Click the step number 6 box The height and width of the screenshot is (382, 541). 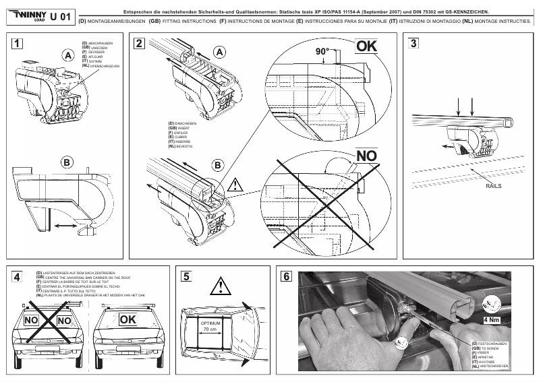tap(286, 276)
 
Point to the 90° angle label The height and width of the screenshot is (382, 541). tap(323, 52)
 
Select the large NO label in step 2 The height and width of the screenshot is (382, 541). tap(366, 156)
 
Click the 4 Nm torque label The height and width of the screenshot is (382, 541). tap(491, 320)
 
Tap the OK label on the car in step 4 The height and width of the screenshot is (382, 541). tap(129, 318)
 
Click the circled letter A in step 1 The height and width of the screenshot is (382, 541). tap(67, 56)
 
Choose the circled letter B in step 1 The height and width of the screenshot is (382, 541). tap(67, 162)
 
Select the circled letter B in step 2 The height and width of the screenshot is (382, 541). tap(217, 164)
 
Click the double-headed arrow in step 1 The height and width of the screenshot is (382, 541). tap(66, 227)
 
